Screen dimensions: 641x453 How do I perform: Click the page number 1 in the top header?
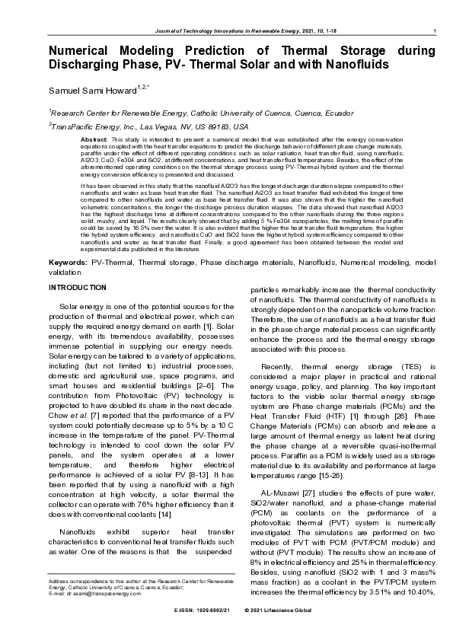[432, 30]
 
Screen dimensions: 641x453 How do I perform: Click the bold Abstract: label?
[94, 141]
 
